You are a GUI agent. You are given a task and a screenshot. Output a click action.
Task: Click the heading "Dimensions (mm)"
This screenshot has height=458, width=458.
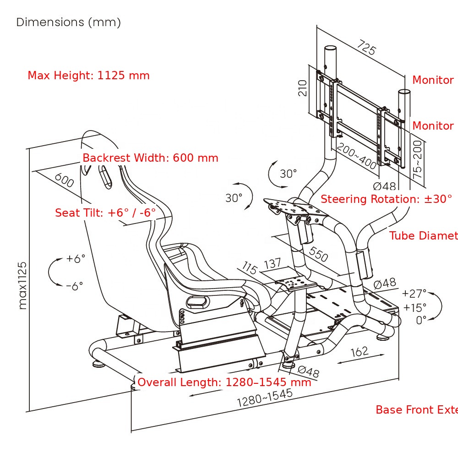pyautogui.click(x=69, y=22)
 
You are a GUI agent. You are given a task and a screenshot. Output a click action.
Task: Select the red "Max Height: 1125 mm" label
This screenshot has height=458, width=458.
pyautogui.click(x=88, y=76)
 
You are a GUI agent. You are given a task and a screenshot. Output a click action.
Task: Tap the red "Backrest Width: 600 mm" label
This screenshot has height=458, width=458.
pyautogui.click(x=150, y=158)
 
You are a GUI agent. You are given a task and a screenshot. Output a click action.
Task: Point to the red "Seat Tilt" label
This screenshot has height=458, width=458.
pyautogui.click(x=105, y=213)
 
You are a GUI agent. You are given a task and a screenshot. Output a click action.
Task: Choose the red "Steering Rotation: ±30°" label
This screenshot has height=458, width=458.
pyautogui.click(x=386, y=199)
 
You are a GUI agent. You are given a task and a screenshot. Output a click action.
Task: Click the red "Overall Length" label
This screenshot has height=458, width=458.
pyautogui.click(x=224, y=382)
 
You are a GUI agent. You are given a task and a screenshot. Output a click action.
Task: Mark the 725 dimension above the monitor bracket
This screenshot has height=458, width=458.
pyautogui.click(x=366, y=47)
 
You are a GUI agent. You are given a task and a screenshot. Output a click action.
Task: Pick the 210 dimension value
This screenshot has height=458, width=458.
pyautogui.click(x=302, y=88)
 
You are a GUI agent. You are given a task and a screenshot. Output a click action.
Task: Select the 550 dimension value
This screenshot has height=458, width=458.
pyautogui.click(x=318, y=254)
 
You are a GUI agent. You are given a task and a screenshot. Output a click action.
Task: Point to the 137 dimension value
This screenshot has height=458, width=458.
pyautogui.click(x=273, y=264)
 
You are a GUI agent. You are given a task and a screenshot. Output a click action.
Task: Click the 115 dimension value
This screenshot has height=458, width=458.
pyautogui.click(x=250, y=267)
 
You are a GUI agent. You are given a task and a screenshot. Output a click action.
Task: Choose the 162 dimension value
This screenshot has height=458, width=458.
pyautogui.click(x=360, y=351)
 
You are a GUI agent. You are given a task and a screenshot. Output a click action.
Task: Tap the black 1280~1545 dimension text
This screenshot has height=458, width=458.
pyautogui.click(x=264, y=398)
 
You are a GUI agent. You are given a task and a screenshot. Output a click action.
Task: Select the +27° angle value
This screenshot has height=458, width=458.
pyautogui.click(x=414, y=293)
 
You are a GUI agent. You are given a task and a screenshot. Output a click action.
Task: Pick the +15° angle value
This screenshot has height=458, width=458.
pyautogui.click(x=414, y=307)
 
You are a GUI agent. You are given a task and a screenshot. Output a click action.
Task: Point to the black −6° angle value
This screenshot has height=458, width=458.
pyautogui.click(x=74, y=286)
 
